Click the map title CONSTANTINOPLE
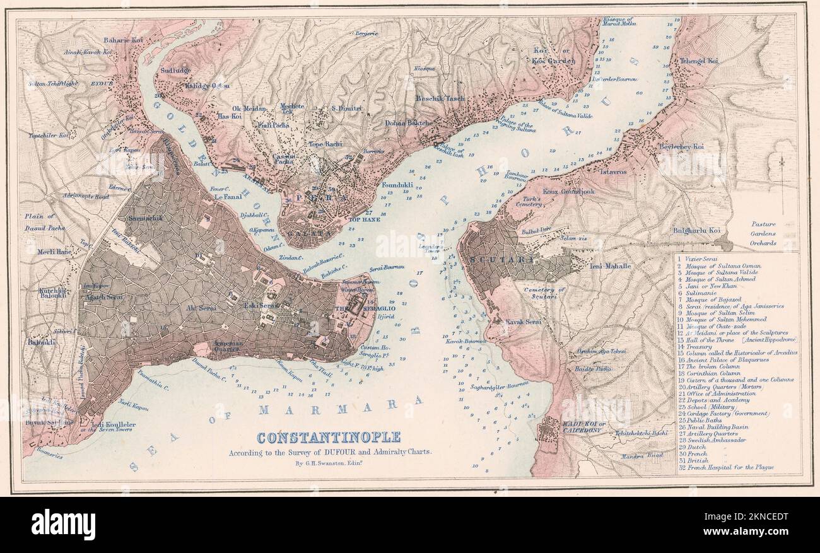(328, 437)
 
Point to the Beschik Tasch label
(440, 98)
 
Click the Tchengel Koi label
(698, 61)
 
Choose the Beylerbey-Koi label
(681, 146)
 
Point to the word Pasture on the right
(763, 224)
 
